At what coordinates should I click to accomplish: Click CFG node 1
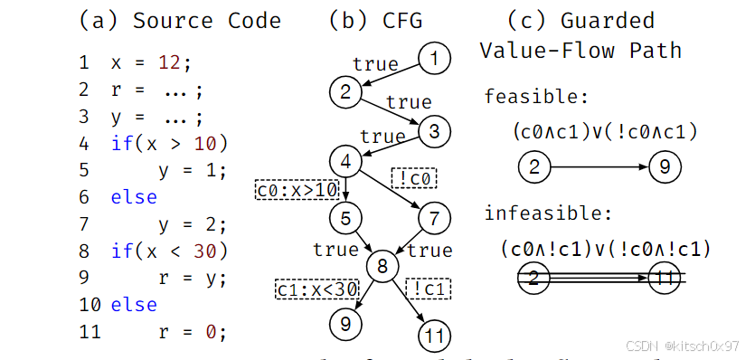(x=435, y=60)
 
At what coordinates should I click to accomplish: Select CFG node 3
(x=434, y=131)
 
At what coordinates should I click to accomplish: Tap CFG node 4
(x=345, y=162)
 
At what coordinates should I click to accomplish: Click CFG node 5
(x=345, y=217)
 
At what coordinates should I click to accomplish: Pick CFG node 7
(x=434, y=217)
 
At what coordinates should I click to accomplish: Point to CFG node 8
(x=383, y=266)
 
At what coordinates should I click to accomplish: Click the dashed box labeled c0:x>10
(x=297, y=190)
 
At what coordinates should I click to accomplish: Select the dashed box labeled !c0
(x=413, y=178)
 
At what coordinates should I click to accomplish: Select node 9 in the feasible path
(x=665, y=167)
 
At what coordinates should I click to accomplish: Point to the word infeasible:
(x=548, y=213)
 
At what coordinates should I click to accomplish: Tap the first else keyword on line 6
(x=134, y=197)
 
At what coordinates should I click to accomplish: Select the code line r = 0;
(x=188, y=332)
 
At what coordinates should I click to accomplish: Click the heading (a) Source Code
(x=180, y=20)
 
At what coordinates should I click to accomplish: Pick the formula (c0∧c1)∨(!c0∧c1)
(x=604, y=132)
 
